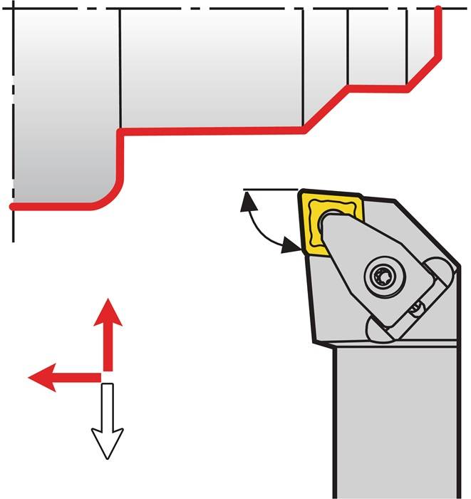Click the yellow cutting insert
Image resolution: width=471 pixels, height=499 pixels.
pos(314,214)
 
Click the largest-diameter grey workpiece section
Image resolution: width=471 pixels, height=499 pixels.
pos(64,107)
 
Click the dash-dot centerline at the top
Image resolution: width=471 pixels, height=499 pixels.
pos(214,8)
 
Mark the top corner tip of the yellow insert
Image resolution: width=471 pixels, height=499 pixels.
pos(301,191)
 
